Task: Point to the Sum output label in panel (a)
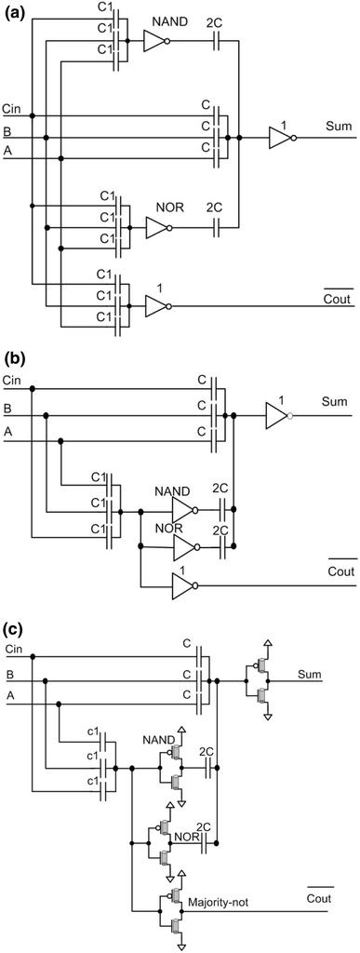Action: click(338, 124)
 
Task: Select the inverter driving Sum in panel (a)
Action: click(281, 138)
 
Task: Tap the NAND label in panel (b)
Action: click(172, 491)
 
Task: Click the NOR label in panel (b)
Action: click(168, 528)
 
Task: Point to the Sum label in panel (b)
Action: click(334, 402)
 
